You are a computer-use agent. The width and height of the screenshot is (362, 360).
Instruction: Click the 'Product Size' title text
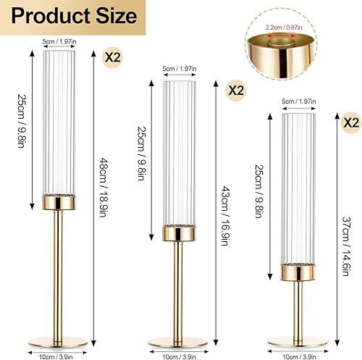[74, 16]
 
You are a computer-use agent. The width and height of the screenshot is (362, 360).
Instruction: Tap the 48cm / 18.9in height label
[103, 188]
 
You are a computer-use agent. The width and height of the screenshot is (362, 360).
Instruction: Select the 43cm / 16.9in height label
[225, 216]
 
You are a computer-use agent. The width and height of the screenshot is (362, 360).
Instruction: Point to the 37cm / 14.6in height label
[346, 246]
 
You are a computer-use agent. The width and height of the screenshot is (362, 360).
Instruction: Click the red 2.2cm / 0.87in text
[284, 28]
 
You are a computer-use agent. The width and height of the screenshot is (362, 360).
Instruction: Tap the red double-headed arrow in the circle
[281, 36]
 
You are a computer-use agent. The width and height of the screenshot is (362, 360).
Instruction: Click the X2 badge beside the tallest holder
[112, 57]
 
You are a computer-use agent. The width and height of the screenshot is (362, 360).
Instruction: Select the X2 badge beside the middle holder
[236, 91]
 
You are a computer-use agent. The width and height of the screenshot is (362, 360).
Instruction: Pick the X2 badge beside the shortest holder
[351, 122]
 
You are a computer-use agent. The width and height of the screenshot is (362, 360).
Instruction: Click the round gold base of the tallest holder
[58, 343]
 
